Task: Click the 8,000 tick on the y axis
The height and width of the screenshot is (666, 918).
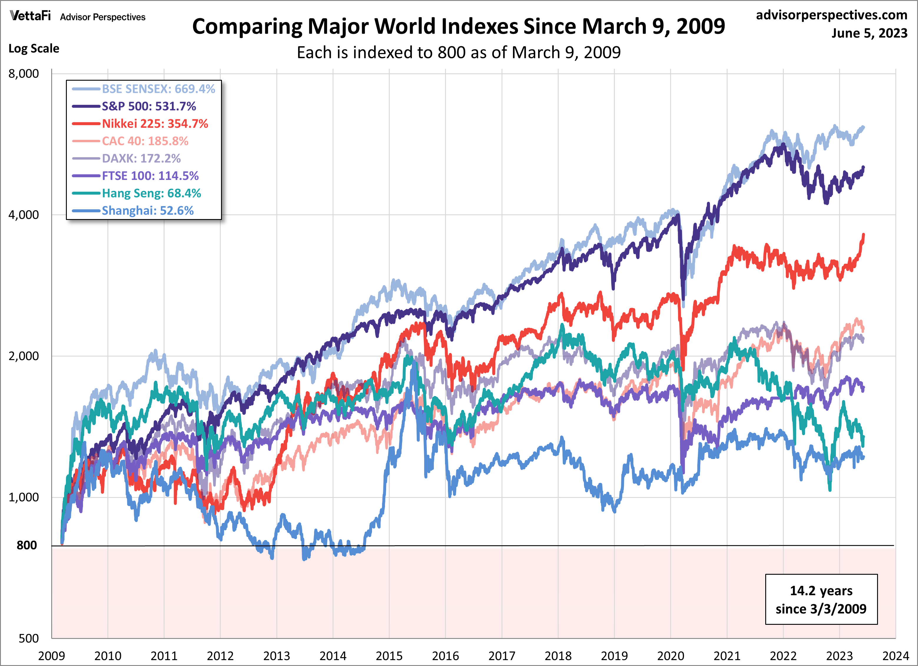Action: tap(24, 74)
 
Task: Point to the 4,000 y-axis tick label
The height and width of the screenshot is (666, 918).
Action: tap(24, 215)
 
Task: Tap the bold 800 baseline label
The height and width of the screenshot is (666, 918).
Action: tap(27, 545)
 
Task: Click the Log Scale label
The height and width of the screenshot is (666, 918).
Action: tap(34, 49)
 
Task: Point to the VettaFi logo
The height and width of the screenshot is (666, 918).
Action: tap(30, 16)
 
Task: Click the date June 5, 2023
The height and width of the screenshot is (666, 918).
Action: tap(869, 33)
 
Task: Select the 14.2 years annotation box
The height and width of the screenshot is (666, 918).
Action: tap(821, 599)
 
